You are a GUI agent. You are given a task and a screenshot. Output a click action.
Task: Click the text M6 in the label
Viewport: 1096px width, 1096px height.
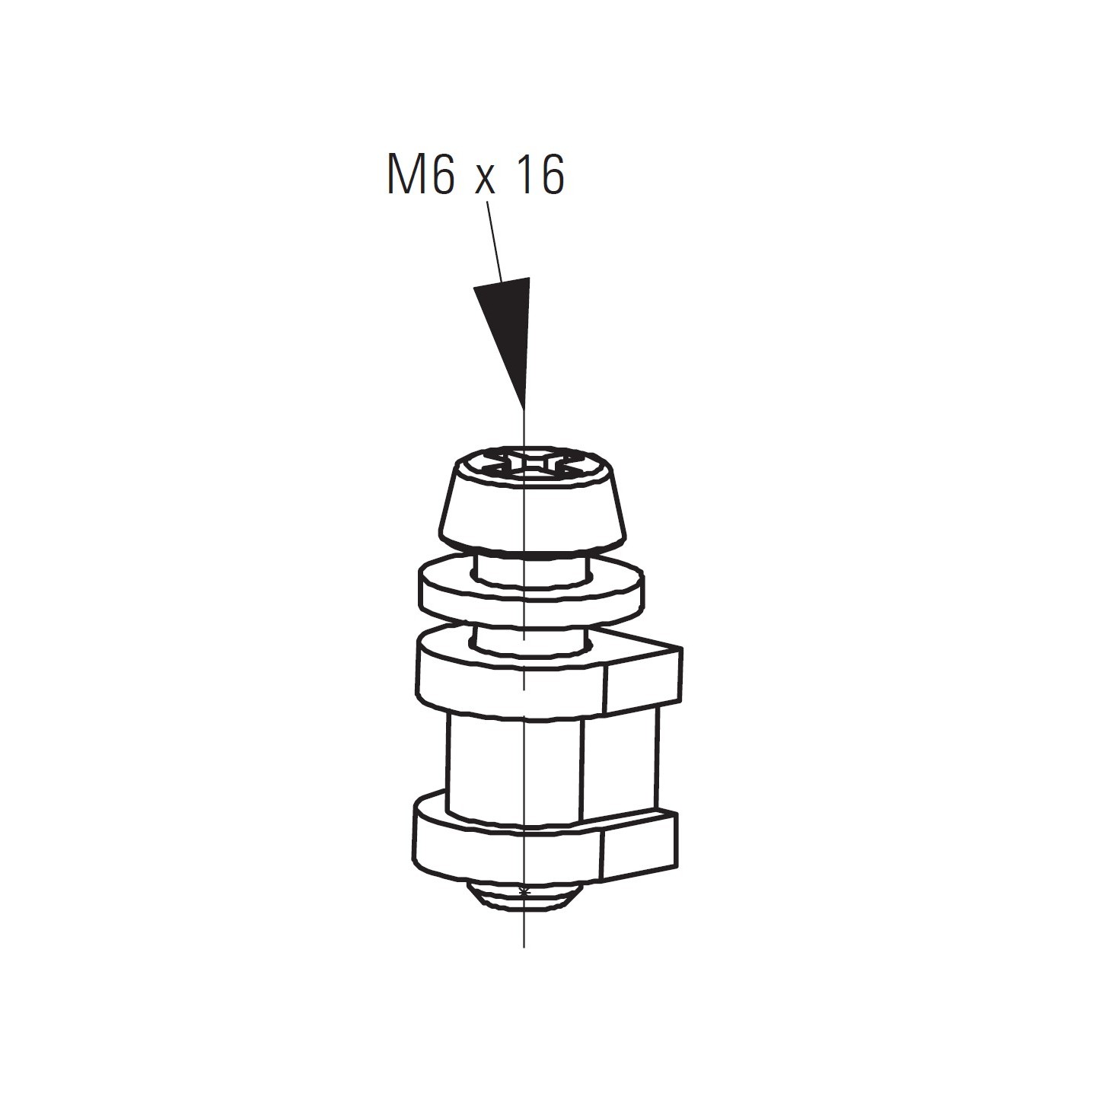coord(422,174)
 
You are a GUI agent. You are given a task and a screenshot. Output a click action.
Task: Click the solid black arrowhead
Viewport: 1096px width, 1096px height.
coord(509,330)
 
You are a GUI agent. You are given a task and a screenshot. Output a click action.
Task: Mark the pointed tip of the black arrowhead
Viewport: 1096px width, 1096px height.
coord(523,409)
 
